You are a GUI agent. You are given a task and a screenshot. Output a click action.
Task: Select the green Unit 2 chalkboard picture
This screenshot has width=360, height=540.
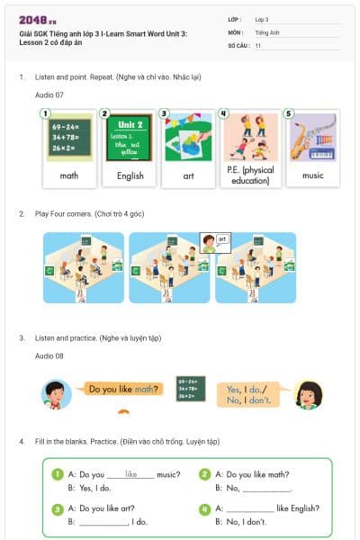click(x=130, y=137)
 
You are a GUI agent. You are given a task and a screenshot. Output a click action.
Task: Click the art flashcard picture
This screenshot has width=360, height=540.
click(x=189, y=137)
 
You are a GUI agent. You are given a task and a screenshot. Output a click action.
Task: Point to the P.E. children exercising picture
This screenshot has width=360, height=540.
click(x=251, y=137)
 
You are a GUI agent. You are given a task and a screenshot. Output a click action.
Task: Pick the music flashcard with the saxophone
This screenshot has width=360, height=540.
click(x=312, y=137)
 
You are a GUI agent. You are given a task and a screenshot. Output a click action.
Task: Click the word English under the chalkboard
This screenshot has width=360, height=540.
click(x=130, y=175)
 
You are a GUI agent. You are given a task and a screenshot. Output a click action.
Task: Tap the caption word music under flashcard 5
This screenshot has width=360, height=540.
click(x=312, y=175)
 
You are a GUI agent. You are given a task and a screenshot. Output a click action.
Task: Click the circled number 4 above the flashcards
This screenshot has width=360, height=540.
click(x=223, y=114)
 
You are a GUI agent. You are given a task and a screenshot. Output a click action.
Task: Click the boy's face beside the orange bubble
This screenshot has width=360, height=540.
click(x=56, y=392)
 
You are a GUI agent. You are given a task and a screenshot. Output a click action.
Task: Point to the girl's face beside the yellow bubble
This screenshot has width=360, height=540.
click(x=309, y=393)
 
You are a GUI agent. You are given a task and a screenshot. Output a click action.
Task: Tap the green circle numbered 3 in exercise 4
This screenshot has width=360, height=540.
click(x=58, y=508)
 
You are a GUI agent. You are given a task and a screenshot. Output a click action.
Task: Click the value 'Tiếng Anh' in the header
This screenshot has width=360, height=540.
click(x=267, y=31)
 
